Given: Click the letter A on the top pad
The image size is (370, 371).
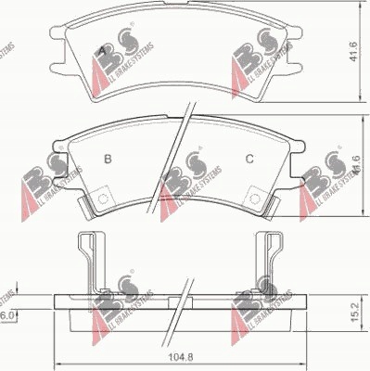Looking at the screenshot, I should click(101, 48).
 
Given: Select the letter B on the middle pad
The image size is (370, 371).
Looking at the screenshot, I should click(108, 159).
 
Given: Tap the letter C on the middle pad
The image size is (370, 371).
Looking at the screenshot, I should click(249, 159).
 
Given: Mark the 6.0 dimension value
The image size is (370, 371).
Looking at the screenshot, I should click(6, 316).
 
